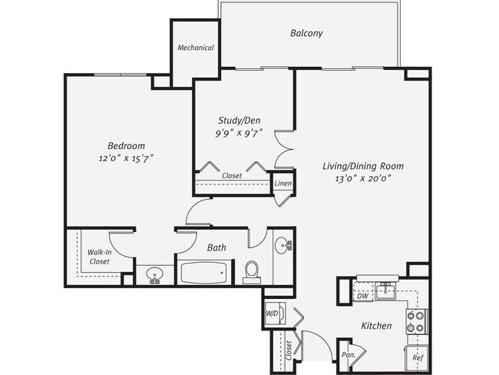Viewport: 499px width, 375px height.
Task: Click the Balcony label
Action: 306,33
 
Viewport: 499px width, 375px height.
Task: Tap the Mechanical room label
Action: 195,48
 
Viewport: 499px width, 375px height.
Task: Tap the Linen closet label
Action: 283,184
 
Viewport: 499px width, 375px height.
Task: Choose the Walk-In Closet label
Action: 97,257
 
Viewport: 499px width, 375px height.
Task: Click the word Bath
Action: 216,247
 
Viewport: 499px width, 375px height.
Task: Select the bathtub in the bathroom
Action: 203,272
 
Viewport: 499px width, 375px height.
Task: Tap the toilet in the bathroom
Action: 251,270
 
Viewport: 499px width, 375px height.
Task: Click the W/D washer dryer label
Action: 272,314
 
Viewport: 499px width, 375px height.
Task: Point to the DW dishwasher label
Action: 361,295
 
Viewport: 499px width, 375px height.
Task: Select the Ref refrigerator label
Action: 418,357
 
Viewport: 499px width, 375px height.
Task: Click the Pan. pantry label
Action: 346,356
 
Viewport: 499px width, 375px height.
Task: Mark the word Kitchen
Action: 376,326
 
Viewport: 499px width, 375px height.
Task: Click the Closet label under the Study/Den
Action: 233,175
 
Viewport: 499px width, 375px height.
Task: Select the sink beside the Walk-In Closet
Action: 155,275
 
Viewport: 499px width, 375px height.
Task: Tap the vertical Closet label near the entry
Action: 289,350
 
